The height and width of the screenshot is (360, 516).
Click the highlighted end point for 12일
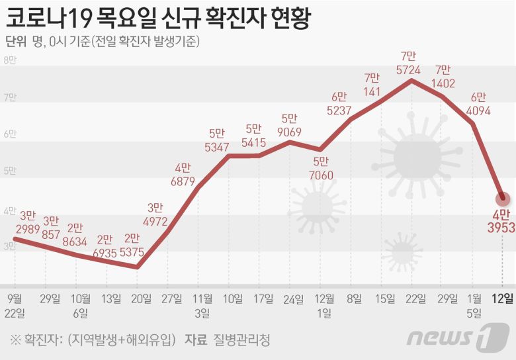tap(503, 197)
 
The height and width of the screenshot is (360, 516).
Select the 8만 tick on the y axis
tap(11, 61)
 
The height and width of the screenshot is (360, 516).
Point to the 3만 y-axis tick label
tap(11, 246)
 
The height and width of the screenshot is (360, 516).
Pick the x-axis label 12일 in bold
tap(505, 298)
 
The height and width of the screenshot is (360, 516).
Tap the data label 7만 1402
tap(443, 76)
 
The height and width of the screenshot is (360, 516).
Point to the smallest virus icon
tap(402, 252)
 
